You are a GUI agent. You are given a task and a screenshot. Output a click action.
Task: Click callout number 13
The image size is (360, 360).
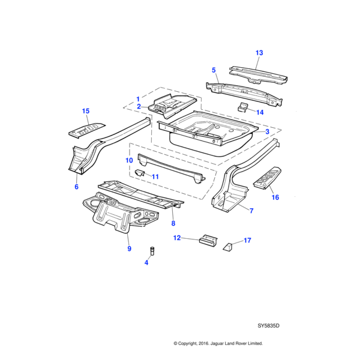[x=259, y=53]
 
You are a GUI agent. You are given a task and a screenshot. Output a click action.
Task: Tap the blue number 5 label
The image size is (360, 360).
[x=214, y=70]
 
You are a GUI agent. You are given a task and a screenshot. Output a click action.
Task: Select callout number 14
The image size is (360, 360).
[x=260, y=112]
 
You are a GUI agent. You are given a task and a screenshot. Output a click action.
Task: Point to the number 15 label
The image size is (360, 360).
[x=86, y=111]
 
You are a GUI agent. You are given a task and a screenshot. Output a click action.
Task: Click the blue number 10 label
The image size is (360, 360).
[x=129, y=160]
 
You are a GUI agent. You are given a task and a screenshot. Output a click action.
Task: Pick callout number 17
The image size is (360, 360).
[x=247, y=241]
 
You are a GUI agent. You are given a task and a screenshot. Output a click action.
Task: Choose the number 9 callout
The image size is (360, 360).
[x=129, y=248]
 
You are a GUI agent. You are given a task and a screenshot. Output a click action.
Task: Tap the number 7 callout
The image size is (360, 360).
[x=251, y=211]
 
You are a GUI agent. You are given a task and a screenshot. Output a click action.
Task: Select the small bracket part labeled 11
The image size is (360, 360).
[x=139, y=173]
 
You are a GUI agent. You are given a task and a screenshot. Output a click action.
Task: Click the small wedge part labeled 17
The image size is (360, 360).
[x=228, y=247]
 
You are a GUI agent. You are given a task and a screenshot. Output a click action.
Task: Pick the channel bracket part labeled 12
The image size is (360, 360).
[x=208, y=241]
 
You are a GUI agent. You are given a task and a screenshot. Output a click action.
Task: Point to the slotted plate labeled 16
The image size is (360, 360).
[x=267, y=178]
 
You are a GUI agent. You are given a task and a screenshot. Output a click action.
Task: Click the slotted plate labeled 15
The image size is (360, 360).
[x=87, y=130]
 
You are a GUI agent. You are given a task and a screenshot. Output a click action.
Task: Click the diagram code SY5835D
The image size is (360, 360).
[x=268, y=326]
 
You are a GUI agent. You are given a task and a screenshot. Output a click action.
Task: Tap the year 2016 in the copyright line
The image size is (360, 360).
[x=203, y=343]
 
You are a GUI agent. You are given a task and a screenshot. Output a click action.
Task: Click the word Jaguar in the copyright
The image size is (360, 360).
[x=217, y=344]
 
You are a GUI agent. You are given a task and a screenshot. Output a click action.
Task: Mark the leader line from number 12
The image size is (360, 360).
[x=190, y=239]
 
